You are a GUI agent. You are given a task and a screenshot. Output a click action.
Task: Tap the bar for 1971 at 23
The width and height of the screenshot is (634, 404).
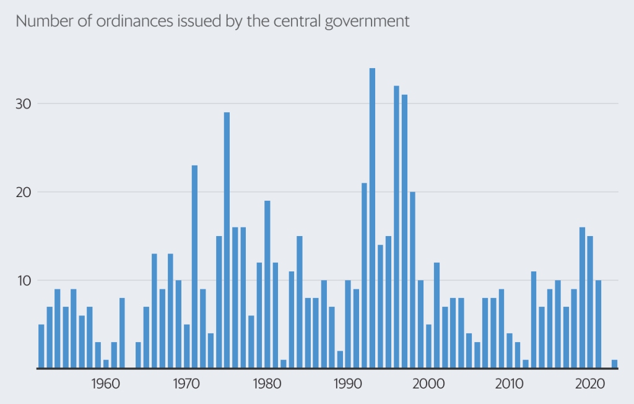[x=194, y=266]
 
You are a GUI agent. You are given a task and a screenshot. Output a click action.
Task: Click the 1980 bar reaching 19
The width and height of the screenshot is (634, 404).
[x=267, y=284]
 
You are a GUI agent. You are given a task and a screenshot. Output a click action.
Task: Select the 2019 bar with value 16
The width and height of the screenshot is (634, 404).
[x=582, y=297]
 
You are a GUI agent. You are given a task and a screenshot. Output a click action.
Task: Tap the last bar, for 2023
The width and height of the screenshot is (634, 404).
[x=614, y=364]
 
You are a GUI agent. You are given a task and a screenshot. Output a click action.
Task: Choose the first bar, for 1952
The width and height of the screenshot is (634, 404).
[x=41, y=346]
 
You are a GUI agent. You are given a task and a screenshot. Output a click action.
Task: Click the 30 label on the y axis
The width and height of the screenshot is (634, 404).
[x=22, y=103]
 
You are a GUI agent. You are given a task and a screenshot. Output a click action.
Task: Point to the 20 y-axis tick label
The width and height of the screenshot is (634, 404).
[x=22, y=192]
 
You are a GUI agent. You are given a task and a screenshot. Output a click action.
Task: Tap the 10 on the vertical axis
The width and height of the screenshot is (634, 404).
[x=22, y=281]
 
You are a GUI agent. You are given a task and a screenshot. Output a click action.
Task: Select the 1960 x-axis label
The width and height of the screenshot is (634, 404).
[x=105, y=382]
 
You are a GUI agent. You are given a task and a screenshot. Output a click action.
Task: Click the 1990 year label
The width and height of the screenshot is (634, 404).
[x=347, y=382]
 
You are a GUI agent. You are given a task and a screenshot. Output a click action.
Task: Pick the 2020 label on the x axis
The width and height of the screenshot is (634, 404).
[x=589, y=382]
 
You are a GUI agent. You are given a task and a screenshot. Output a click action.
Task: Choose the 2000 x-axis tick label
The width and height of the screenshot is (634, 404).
[x=428, y=382]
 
